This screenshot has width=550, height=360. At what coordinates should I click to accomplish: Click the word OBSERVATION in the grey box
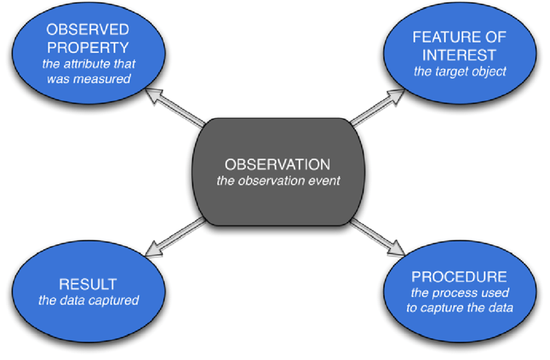click(278, 164)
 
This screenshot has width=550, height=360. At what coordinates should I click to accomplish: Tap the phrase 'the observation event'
click(278, 181)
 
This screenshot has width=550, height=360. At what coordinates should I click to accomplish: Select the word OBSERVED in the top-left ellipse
click(88, 30)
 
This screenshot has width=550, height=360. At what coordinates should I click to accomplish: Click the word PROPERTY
click(88, 47)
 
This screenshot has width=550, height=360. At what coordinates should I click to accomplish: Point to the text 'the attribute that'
click(89, 64)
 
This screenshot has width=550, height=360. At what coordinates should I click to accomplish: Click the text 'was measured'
click(89, 78)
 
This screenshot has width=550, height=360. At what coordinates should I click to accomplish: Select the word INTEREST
click(459, 55)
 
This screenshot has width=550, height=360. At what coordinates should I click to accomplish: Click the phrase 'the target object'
click(460, 72)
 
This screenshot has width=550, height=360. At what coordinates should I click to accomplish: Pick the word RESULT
click(88, 284)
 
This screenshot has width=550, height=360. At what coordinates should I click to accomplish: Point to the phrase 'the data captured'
click(89, 300)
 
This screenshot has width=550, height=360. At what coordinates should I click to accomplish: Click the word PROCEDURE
click(459, 277)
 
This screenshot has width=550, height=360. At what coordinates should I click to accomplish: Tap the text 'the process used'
click(460, 293)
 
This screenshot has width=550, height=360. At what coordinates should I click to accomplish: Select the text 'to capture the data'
click(460, 308)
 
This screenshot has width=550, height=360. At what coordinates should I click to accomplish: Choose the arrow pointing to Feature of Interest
click(377, 107)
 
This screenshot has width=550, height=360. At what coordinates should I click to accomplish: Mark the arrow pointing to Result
click(175, 237)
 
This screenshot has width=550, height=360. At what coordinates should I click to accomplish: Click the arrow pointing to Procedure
click(377, 237)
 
